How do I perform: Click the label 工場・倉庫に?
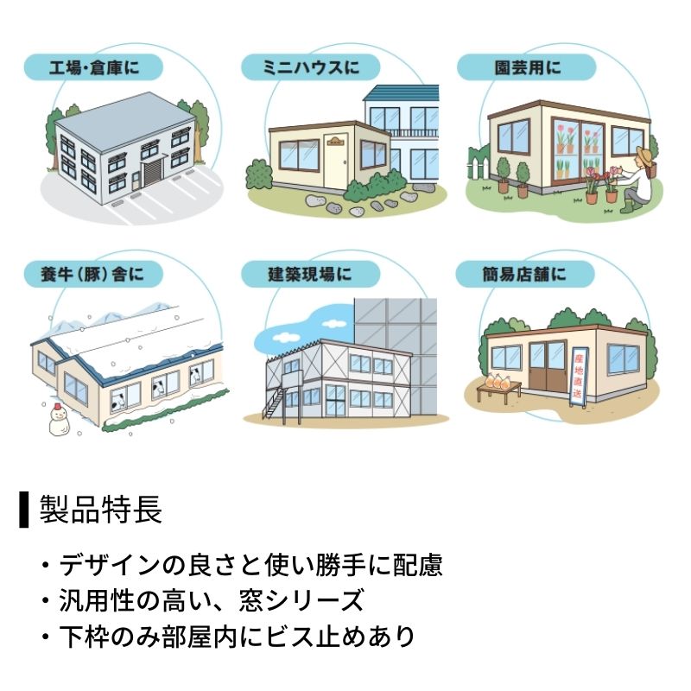click(x=94, y=67)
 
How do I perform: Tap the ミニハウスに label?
click(x=311, y=67)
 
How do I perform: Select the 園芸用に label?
click(x=528, y=67)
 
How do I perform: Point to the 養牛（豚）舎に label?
click(x=93, y=274)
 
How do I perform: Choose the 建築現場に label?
click(x=310, y=274)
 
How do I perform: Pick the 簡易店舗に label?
click(x=524, y=274)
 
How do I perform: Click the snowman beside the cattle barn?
click(x=59, y=419)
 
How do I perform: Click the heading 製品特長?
click(x=101, y=510)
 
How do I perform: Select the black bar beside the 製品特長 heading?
click(x=24, y=510)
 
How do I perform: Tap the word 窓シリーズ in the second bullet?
click(x=301, y=600)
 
